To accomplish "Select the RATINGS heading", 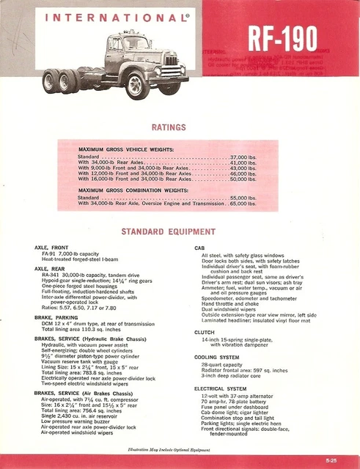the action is pyautogui.click(x=168, y=127).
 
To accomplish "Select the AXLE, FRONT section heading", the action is pyautogui.click(x=52, y=248).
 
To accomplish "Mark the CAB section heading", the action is pyautogui.click(x=199, y=248).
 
